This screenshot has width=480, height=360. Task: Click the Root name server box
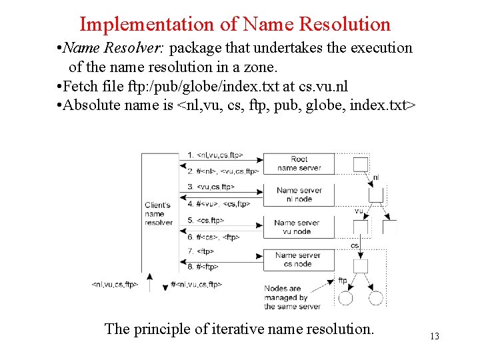(x=299, y=163)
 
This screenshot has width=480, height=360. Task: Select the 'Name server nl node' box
(x=299, y=195)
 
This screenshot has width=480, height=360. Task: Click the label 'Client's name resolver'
(x=158, y=214)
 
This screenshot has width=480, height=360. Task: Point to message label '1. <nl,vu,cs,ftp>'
(x=215, y=155)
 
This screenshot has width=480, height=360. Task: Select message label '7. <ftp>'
(x=200, y=252)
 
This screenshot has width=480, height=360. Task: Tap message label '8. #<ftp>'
(x=203, y=267)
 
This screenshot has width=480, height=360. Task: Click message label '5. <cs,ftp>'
(x=206, y=220)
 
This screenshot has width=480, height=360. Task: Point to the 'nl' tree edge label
(x=376, y=177)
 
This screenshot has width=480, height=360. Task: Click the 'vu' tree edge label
(x=359, y=211)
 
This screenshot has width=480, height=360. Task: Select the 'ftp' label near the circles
(x=343, y=281)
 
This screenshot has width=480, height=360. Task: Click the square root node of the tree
(x=360, y=164)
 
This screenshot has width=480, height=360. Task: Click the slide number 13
(x=434, y=337)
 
